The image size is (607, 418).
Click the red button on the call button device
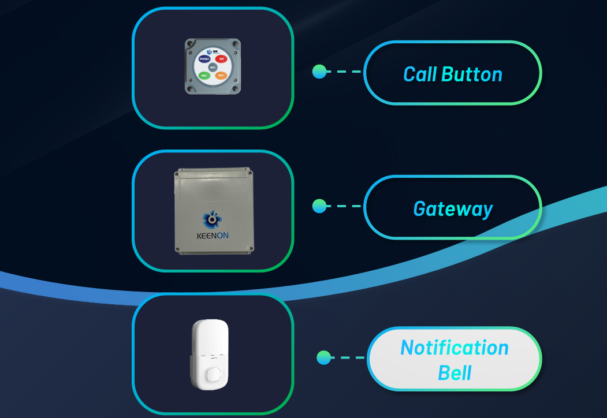coord(221,58)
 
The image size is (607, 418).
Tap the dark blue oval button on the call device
coord(204,59)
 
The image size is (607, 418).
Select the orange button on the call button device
coord(221,75)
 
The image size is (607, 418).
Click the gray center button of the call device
coord(213,67)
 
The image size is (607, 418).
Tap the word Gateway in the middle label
coord(453,208)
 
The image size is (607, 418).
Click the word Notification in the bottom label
coord(455,348)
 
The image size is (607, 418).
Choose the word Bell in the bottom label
coord(455,373)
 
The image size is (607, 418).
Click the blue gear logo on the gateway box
coord(212,219)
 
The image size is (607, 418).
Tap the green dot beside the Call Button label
coord(319,72)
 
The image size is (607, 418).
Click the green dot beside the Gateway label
coord(319,206)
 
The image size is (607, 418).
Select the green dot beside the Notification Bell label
coord(324,357)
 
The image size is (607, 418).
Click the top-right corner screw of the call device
coord(236,43)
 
